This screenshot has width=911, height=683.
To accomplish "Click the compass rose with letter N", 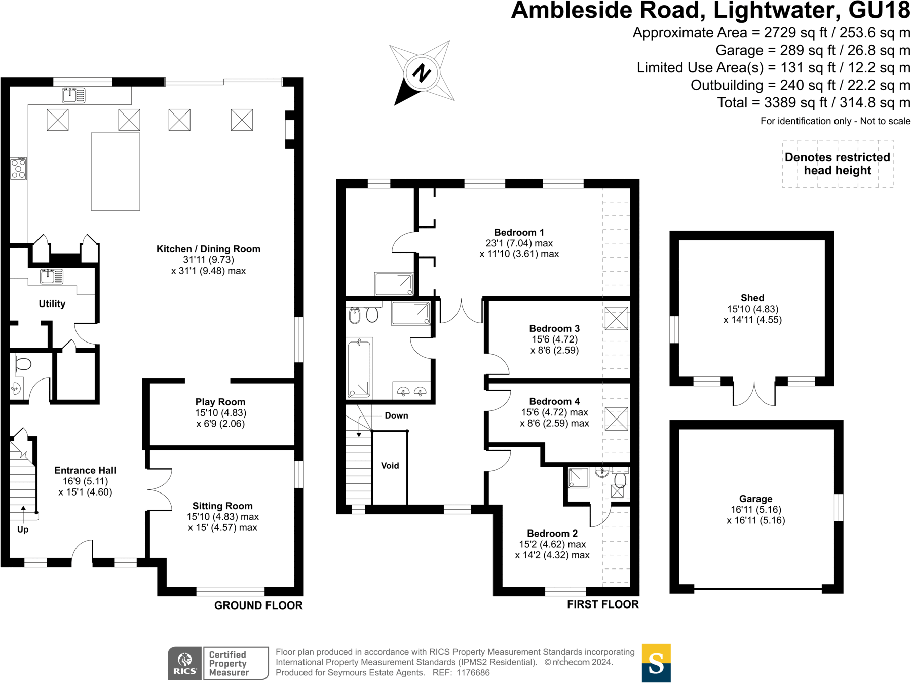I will coord(421,73).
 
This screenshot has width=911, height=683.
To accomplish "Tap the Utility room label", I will coord(52,303).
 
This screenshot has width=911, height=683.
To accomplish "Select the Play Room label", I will coord(220,402).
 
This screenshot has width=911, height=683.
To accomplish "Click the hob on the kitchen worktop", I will coord(18,169).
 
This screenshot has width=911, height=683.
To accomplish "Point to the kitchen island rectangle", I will coord(116,171).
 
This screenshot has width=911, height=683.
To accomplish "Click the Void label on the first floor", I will coord(390,465).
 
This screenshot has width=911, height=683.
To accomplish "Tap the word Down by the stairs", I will coord(396,415).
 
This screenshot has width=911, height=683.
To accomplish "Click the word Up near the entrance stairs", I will coord(23,529).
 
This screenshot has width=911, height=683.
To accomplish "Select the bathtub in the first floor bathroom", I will coord(359,368).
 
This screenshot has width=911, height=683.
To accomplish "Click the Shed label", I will coord(752,298).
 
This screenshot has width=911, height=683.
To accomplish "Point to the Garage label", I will coord(755,499).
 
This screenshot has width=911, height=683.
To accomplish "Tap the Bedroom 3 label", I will coord(554,328).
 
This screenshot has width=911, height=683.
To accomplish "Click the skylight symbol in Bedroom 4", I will coord(616,419).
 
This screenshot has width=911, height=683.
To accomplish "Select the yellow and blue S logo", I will coord(656,663).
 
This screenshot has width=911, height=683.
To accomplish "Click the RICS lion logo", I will coord(185,663).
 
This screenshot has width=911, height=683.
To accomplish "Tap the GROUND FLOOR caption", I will coord(258,605).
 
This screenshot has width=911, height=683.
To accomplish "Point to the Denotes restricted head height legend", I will coord(838,164).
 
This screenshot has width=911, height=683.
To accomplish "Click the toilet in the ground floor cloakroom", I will coord(23,364).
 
